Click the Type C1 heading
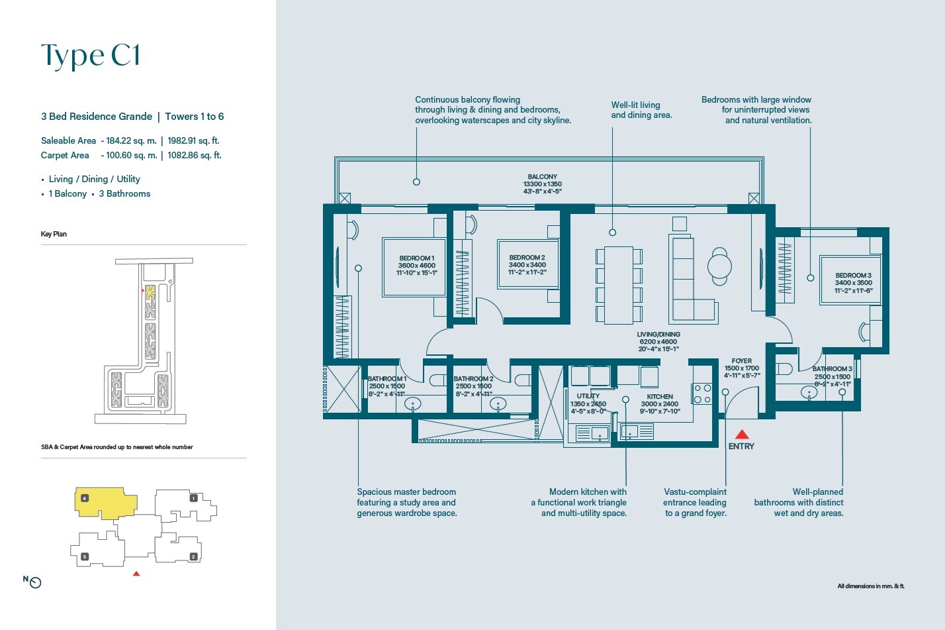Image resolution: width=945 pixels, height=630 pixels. pos(91,56)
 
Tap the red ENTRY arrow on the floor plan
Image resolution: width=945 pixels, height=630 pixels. pos(742,435)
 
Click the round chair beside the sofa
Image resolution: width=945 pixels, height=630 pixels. pos(719,266)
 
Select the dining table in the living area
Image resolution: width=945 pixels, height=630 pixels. pos(619,285)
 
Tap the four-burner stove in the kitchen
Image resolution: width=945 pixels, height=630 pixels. pos(702,394)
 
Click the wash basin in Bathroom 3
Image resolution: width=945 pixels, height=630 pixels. pos(809,393)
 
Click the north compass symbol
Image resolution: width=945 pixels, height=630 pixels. pos(36,583)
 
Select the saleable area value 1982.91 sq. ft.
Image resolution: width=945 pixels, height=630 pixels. pos(193,140)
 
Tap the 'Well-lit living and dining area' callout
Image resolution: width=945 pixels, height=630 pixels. pos(641,110)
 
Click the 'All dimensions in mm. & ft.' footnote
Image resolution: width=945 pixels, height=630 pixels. pos(870,586)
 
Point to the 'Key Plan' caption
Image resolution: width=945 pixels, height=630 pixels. pos(54,234)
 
